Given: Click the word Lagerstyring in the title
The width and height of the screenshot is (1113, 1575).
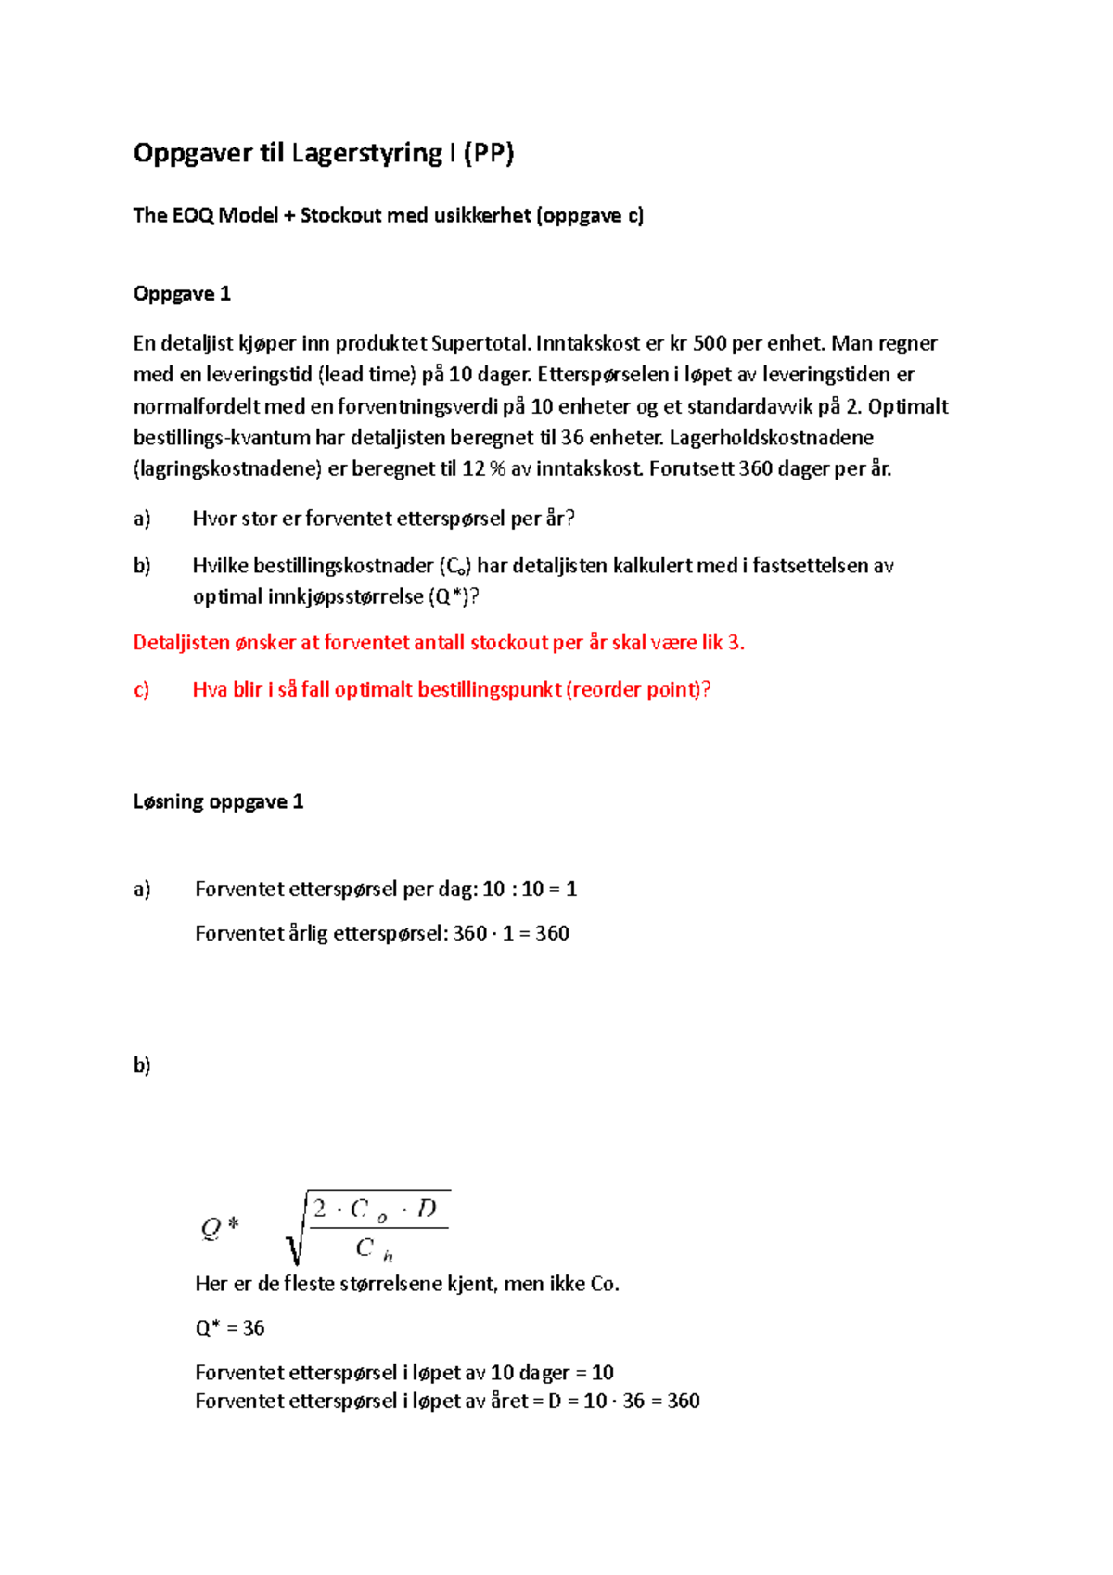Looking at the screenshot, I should (x=366, y=153).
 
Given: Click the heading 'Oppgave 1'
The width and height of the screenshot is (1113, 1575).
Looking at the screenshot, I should (x=182, y=294).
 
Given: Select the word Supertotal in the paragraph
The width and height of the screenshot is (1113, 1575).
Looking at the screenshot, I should (x=480, y=343).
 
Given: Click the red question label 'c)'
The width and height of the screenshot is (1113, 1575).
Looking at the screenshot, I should (x=142, y=689).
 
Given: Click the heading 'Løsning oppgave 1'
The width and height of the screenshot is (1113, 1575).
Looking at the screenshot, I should (x=218, y=801).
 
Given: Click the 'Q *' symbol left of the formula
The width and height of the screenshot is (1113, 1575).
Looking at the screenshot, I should (x=220, y=1227).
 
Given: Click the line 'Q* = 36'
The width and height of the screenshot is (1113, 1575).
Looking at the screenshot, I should (x=229, y=1327).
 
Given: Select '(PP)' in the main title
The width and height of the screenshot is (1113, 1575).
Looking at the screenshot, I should (x=488, y=153).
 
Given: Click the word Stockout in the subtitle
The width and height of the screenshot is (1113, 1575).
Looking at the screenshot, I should (x=340, y=215).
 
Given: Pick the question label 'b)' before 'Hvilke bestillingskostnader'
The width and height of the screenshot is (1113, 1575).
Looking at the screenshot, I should (x=142, y=566).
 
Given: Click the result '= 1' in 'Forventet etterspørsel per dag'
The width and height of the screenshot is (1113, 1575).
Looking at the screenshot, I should (x=563, y=889).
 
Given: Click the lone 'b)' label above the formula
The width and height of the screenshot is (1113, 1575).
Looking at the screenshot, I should (x=142, y=1065).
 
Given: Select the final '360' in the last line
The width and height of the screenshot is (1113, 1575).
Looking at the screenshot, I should (x=683, y=1401).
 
